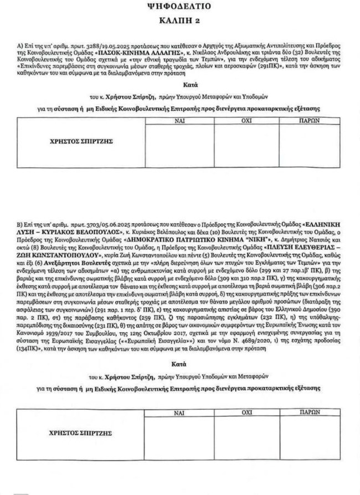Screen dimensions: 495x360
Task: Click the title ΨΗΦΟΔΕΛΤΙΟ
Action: coord(180,7)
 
